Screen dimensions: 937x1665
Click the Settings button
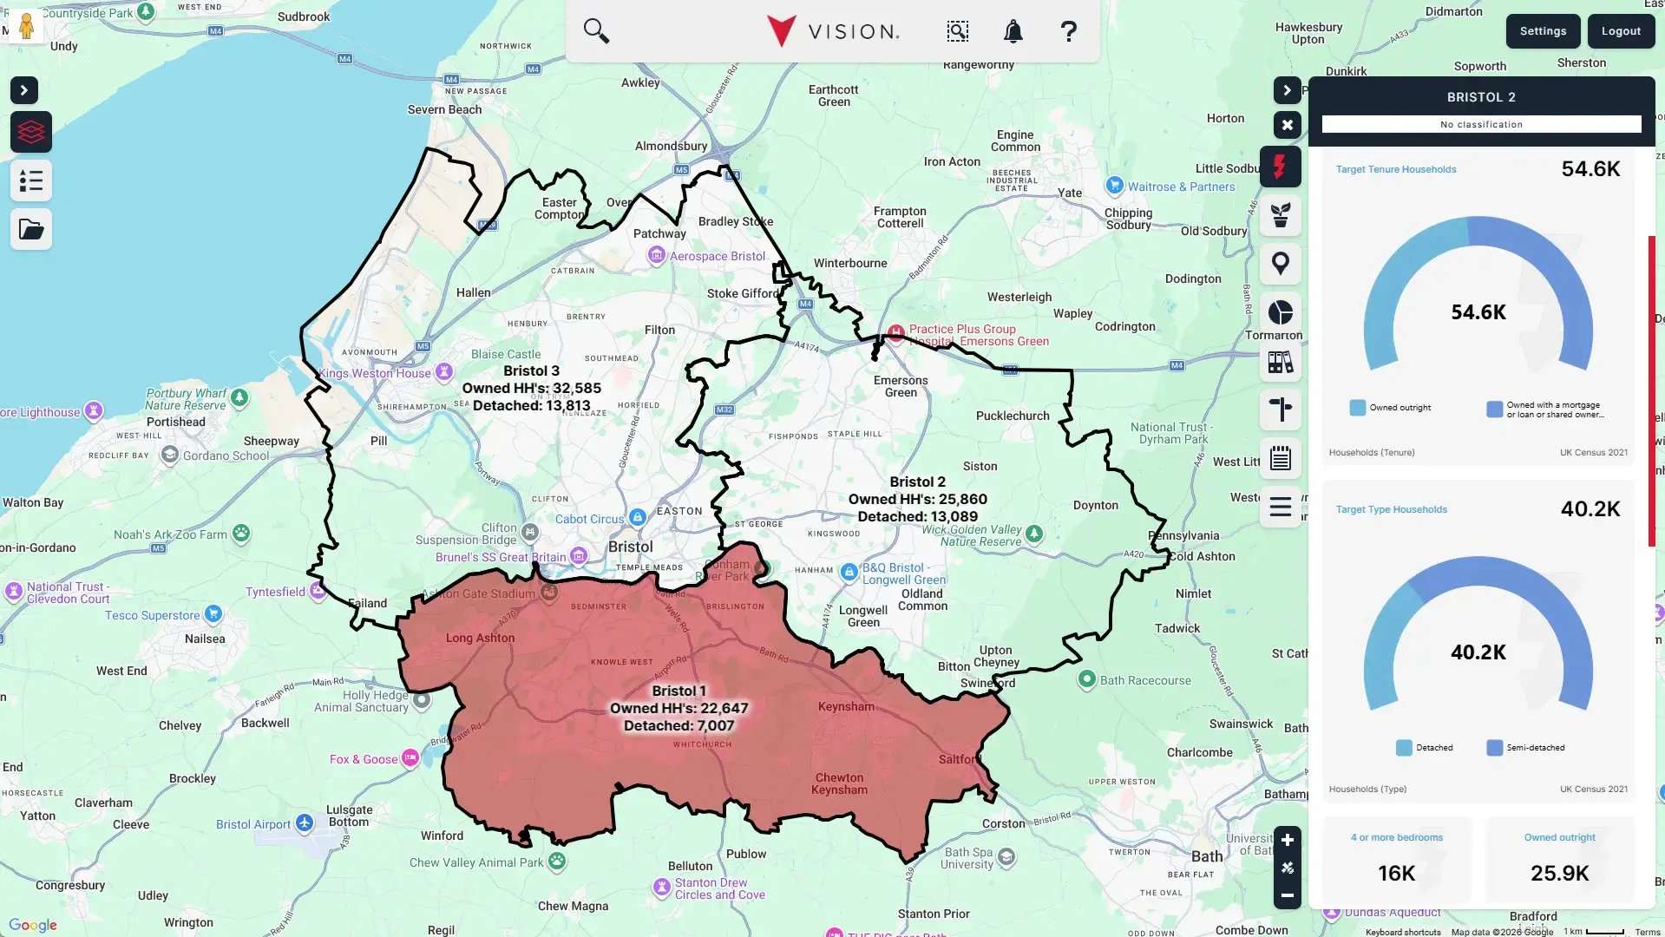point(1543,31)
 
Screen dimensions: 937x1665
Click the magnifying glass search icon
point(596,31)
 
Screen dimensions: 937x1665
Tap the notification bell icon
point(1013,32)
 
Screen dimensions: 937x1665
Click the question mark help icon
point(1068,32)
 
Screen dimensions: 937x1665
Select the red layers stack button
point(31,132)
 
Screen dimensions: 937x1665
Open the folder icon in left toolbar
point(31,230)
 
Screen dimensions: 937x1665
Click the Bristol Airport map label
point(253,824)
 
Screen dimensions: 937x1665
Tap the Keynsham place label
point(846,706)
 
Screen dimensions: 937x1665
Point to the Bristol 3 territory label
point(531,371)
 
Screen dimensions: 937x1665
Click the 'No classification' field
point(1481,124)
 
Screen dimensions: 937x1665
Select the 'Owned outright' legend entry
point(1391,408)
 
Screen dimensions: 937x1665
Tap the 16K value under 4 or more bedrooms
point(1396,873)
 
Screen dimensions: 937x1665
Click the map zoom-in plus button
point(1287,840)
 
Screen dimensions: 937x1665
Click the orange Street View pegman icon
point(26,25)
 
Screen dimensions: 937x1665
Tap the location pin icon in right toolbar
point(1280,264)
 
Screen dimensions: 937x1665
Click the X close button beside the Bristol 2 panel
point(1287,125)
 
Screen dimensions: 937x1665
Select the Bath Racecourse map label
point(1144,680)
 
